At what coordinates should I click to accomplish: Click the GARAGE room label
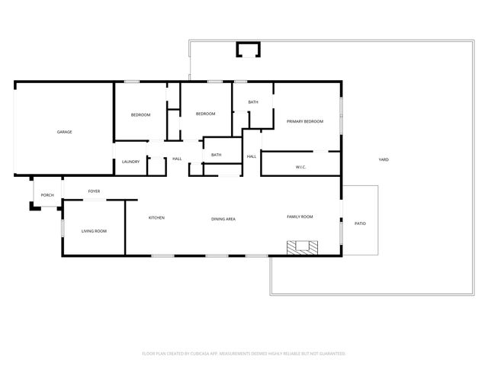point(65,132)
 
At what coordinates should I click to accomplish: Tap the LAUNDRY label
point(130,161)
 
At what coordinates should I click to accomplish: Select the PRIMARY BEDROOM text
point(305,121)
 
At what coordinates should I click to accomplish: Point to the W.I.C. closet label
point(300,167)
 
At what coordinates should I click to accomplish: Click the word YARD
point(384,159)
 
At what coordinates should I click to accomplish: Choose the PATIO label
point(360,223)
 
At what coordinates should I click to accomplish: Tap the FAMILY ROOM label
point(300,217)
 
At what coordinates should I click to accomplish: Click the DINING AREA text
point(223,219)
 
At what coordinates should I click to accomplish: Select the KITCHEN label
point(156,217)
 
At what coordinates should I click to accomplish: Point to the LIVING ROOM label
point(95,231)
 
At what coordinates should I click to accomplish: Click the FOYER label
point(94,191)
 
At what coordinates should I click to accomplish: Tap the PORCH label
point(47,195)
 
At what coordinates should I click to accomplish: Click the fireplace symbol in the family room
point(302,247)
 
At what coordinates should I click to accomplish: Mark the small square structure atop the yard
point(248,50)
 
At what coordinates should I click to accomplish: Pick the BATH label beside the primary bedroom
point(252,102)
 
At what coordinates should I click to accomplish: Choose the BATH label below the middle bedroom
point(217,155)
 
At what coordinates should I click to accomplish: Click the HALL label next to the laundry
point(177,159)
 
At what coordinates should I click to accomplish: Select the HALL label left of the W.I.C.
point(251,156)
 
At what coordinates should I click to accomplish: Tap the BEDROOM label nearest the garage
point(140,114)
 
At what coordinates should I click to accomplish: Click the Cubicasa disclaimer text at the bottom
point(244,354)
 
